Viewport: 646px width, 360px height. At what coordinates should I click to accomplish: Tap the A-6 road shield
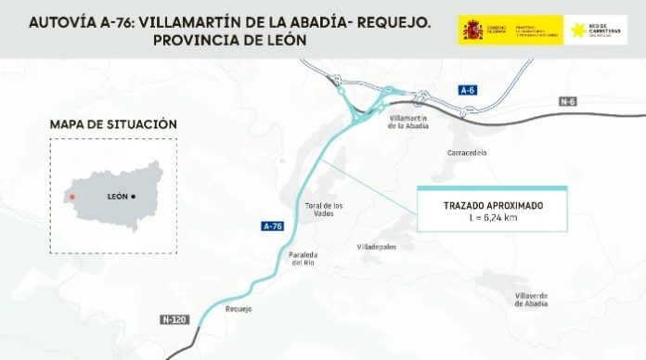click(467, 90)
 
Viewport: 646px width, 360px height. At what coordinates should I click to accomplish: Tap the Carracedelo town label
click(467, 152)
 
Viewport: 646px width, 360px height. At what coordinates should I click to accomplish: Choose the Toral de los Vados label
click(325, 210)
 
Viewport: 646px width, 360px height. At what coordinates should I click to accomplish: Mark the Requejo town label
click(239, 310)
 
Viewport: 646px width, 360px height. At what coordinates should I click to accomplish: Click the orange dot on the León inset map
click(71, 197)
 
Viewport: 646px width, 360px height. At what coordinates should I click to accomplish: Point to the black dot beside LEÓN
click(134, 197)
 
